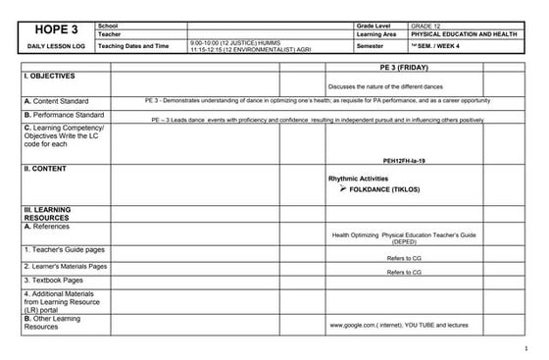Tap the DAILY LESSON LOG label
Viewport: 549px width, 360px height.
[57, 46]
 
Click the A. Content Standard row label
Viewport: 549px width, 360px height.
[56, 101]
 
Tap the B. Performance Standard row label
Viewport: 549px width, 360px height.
[64, 115]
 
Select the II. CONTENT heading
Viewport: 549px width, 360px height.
[45, 169]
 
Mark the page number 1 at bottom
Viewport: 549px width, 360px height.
[526, 348]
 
